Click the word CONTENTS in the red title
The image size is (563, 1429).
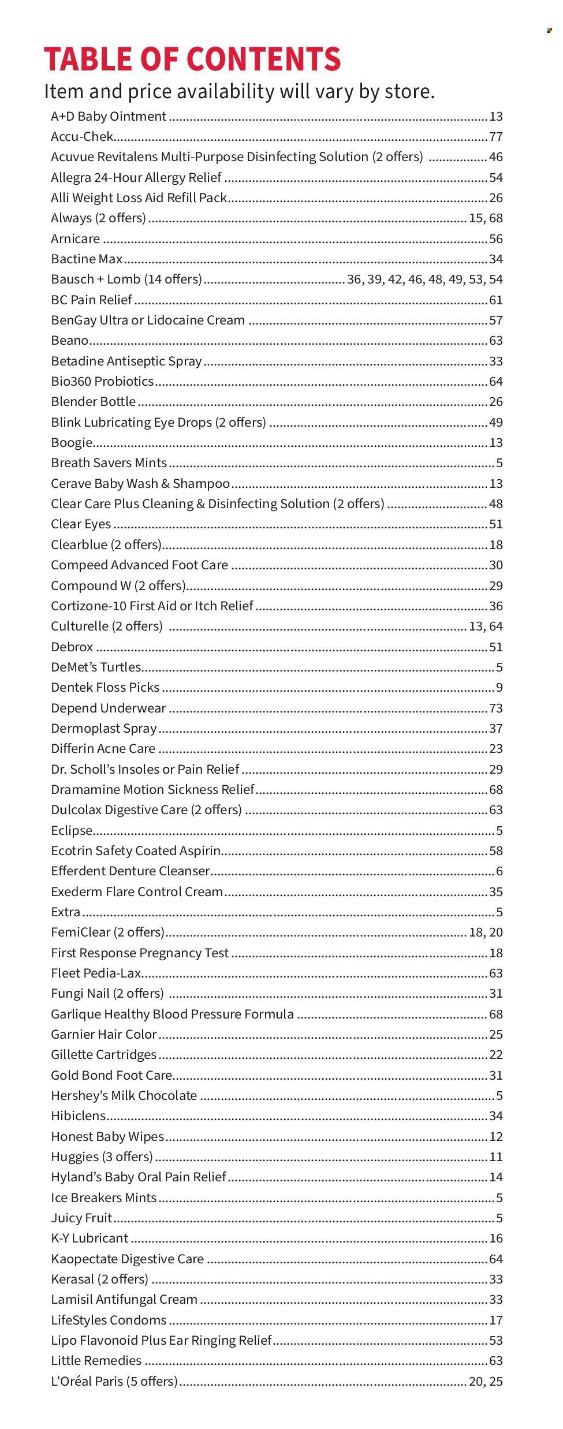point(264,59)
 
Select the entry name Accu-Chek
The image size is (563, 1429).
point(82,137)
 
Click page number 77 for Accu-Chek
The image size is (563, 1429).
point(495,137)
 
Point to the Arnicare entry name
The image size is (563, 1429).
point(75,239)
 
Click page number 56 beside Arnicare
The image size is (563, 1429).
point(495,239)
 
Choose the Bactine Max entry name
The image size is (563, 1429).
point(87,259)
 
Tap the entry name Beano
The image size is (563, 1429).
point(70,341)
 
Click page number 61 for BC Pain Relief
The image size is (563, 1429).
point(495,300)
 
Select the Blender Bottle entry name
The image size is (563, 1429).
point(94,402)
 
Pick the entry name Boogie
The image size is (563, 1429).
point(72,443)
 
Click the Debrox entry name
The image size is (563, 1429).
point(72,647)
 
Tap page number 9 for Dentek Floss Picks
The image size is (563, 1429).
point(499,688)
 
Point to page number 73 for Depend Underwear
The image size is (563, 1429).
point(495,708)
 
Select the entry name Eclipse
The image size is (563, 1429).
point(72,831)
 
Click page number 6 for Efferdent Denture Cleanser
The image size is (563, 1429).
point(499,871)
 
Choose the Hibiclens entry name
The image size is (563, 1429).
point(78,1116)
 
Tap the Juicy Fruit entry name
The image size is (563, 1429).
point(81,1218)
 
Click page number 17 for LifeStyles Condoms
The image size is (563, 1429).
point(495,1320)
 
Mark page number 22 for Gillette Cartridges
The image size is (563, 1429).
point(495,1055)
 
